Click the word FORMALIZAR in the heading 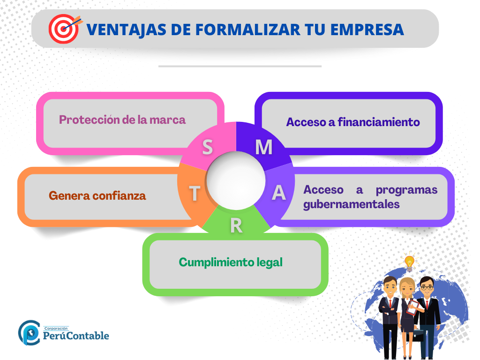[247, 30]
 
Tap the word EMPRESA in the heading [367, 30]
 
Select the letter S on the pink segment [208, 147]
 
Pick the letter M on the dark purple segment [264, 147]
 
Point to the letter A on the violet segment [278, 193]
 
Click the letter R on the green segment [236, 226]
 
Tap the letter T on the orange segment [195, 194]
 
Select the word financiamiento [379, 122]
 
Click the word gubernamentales [352, 204]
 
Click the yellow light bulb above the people [409, 262]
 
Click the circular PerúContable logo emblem [29, 333]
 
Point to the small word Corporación [56, 329]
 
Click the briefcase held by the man [418, 335]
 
